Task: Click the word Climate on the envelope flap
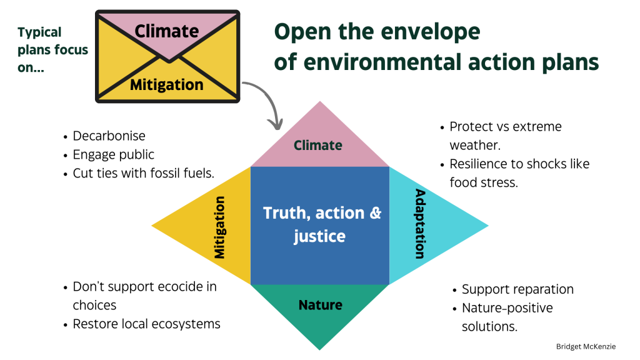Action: point(167,30)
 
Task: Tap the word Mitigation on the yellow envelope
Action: point(167,84)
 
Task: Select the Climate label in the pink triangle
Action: point(318,146)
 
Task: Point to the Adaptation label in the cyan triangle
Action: point(419,224)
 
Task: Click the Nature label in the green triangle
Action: point(320,305)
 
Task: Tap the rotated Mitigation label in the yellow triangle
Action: point(219,226)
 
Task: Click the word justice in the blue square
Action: point(319,237)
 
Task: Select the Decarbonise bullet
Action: point(109,136)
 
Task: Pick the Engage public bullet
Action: point(113,154)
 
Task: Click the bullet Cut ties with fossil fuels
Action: point(143,173)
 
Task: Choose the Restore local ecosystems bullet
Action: point(146,324)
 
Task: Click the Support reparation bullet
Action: point(517,289)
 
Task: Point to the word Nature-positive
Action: point(507,308)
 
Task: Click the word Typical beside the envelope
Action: point(40,32)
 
